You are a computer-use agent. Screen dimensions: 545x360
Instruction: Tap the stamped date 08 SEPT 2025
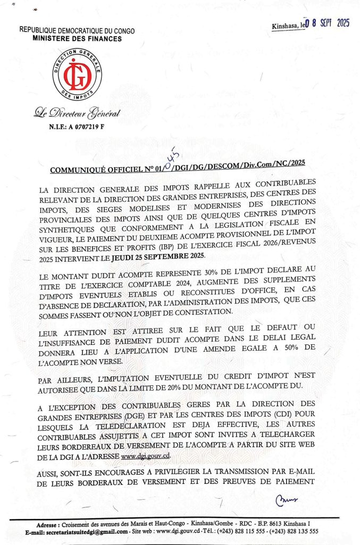coord(328,23)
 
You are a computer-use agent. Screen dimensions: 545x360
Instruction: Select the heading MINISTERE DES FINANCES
coord(77,39)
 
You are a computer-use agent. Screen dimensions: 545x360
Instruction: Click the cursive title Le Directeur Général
coord(77,113)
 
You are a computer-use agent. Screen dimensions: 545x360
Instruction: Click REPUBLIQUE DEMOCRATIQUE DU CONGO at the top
coord(77,31)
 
